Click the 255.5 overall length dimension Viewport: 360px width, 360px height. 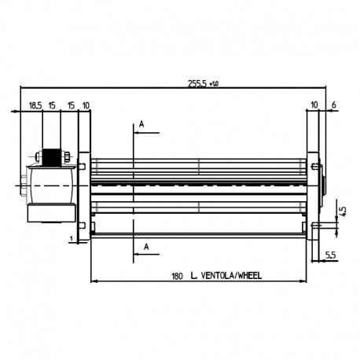pyautogui.click(x=197, y=83)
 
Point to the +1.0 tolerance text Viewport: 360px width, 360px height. pyautogui.click(x=214, y=84)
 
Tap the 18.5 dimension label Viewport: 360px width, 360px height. pyautogui.click(x=35, y=105)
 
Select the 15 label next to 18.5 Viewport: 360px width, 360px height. pyautogui.click(x=52, y=105)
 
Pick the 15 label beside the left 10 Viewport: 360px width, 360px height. pyautogui.click(x=71, y=105)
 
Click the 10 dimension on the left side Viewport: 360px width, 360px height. pyautogui.click(x=86, y=105)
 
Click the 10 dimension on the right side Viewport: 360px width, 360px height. pyautogui.click(x=314, y=105)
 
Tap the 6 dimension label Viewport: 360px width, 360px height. pyautogui.click(x=334, y=105)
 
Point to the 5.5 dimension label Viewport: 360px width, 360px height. pyautogui.click(x=331, y=255)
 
